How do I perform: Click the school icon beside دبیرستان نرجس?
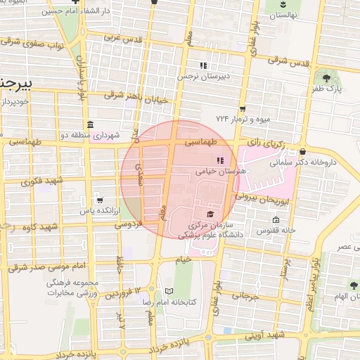point(203,65)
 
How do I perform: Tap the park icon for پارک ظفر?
point(326,77)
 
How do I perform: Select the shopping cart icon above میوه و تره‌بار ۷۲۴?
point(243,109)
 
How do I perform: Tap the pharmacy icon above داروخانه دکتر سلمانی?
point(302,151)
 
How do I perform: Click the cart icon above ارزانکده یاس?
point(98,200)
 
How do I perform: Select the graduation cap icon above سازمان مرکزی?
point(210,214)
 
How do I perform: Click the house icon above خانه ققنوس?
point(276,219)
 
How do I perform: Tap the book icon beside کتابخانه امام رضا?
point(167,290)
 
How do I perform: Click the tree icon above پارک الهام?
point(353,285)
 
